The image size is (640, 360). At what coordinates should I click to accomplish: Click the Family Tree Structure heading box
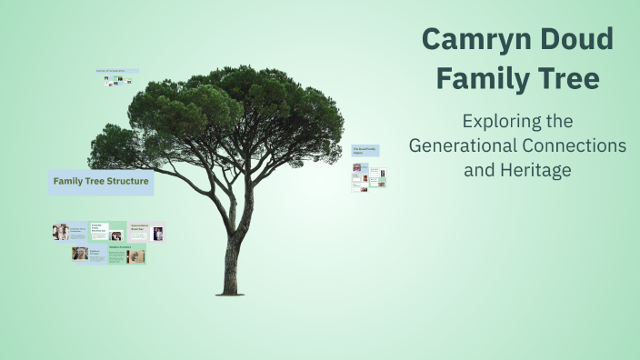pyautogui.click(x=101, y=182)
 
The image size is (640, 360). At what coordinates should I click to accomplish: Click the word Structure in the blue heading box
pyautogui.click(x=127, y=182)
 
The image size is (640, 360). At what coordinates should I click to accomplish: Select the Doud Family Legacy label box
pyautogui.click(x=365, y=151)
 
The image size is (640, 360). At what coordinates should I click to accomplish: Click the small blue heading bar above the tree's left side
pyautogui.click(x=117, y=71)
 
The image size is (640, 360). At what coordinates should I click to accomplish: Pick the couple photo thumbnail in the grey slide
pyautogui.click(x=81, y=254)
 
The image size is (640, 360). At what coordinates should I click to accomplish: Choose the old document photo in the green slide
pyautogui.click(x=136, y=256)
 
